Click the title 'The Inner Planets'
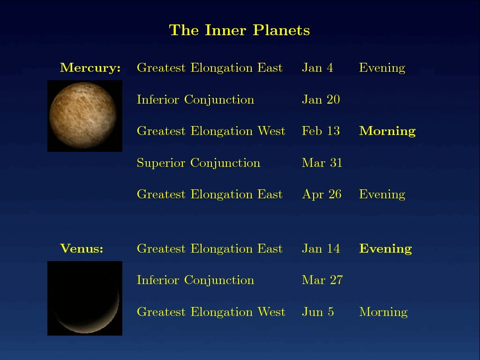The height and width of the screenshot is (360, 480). (x=240, y=30)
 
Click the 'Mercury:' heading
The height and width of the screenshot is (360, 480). (x=90, y=67)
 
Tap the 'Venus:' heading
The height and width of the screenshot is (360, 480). (x=82, y=248)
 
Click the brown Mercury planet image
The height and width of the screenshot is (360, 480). (x=85, y=116)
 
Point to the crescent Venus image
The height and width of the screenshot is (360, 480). (x=85, y=298)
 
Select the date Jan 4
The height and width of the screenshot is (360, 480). (x=317, y=67)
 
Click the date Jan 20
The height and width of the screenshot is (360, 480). (x=321, y=99)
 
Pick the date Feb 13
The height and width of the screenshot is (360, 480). (x=321, y=131)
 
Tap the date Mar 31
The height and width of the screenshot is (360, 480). (x=322, y=163)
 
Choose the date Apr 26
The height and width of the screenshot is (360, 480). (x=322, y=195)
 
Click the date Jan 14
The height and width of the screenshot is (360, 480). (x=321, y=248)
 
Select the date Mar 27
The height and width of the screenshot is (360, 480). (x=322, y=280)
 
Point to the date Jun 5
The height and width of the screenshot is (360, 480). (x=318, y=312)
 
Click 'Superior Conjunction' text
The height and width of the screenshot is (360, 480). (x=198, y=163)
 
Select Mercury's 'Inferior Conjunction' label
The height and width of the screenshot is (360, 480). (x=195, y=100)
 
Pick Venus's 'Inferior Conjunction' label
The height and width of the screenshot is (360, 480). (x=195, y=280)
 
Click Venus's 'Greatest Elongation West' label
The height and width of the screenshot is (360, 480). (x=211, y=312)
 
